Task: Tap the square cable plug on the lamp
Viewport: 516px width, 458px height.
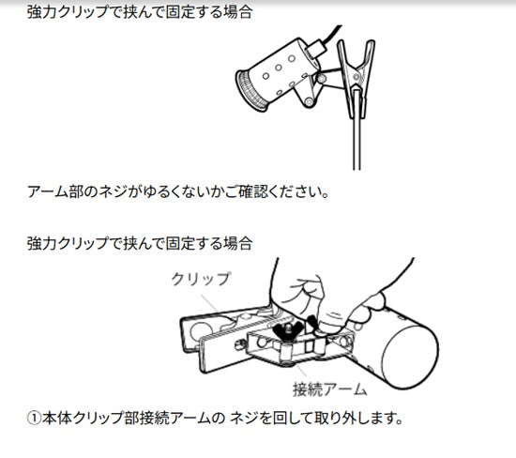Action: (315, 49)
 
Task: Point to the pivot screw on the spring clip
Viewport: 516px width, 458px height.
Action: (357, 77)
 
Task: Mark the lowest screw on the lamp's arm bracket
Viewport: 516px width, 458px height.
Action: (309, 101)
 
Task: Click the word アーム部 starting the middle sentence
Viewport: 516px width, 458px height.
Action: (55, 191)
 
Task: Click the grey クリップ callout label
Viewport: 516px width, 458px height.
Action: (202, 279)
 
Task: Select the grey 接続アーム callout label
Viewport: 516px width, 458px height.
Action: (329, 389)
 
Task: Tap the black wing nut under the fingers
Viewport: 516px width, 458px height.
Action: (289, 328)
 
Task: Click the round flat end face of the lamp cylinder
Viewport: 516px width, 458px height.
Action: (410, 358)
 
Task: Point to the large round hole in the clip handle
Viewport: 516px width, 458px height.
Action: (202, 332)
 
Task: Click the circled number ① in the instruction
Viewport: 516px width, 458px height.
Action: (34, 419)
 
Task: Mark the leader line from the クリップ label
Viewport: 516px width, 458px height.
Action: (209, 304)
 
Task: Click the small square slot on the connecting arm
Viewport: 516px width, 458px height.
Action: (309, 345)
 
